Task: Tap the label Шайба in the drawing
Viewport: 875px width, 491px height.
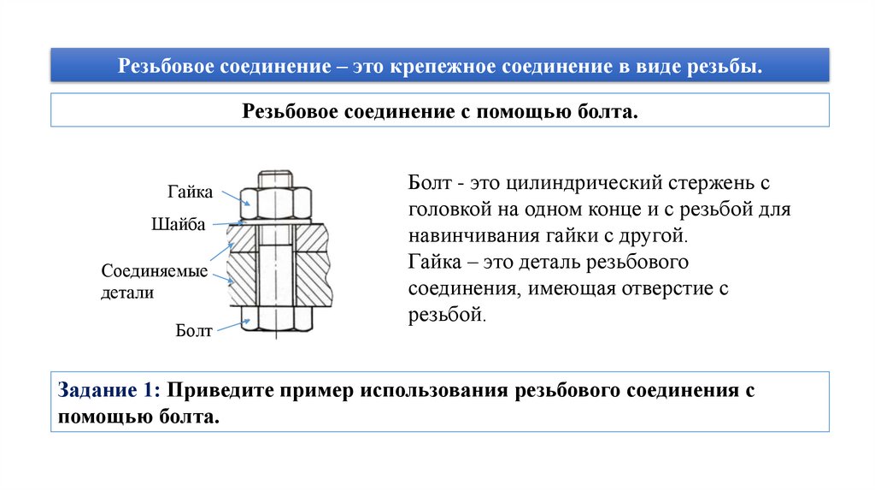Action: click(x=178, y=224)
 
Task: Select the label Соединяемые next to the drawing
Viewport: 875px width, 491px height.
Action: click(x=155, y=271)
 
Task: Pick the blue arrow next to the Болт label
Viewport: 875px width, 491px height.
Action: click(x=230, y=326)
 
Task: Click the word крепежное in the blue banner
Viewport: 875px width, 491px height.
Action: click(x=440, y=66)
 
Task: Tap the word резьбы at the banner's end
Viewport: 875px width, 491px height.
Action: click(x=732, y=66)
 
